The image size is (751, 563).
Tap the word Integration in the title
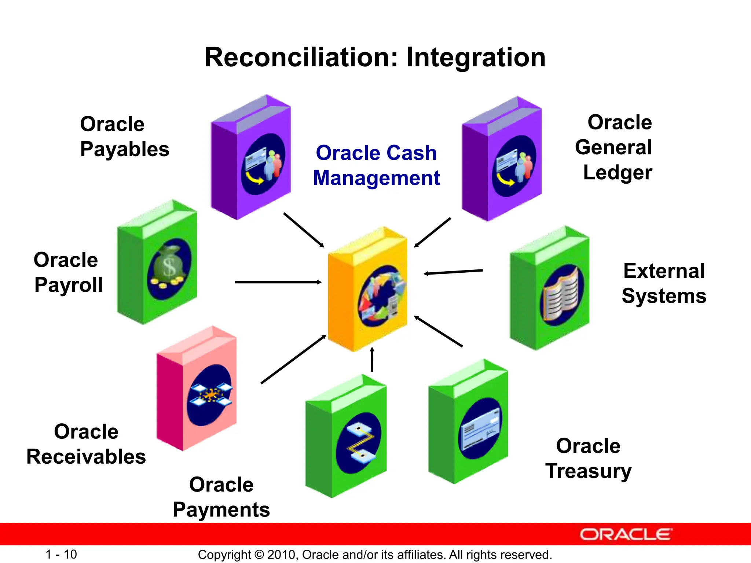click(476, 58)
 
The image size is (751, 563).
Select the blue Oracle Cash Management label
click(376, 165)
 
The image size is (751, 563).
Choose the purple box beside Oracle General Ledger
click(502, 159)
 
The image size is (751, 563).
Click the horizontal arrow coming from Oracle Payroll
click(278, 282)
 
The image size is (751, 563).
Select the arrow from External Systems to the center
click(453, 272)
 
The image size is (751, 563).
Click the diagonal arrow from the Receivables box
click(293, 359)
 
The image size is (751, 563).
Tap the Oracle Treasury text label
click(588, 458)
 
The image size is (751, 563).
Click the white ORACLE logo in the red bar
click(626, 534)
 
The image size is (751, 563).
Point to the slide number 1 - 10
click(61, 554)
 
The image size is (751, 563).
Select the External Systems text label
click(664, 283)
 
